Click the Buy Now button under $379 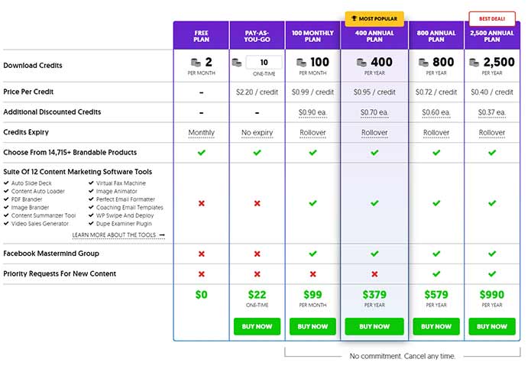374,326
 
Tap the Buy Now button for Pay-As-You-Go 257,326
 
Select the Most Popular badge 374,18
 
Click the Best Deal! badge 492,18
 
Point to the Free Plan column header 201,35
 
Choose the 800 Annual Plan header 436,35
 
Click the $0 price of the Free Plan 201,294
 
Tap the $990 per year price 492,294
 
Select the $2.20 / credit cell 257,92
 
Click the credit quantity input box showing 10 264,62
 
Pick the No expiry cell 257,132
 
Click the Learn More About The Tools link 118,235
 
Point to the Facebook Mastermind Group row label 51,254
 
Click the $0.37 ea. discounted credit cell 492,112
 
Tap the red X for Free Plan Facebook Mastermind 201,254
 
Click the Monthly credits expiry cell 201,132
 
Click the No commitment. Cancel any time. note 403,356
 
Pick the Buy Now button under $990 492,326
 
